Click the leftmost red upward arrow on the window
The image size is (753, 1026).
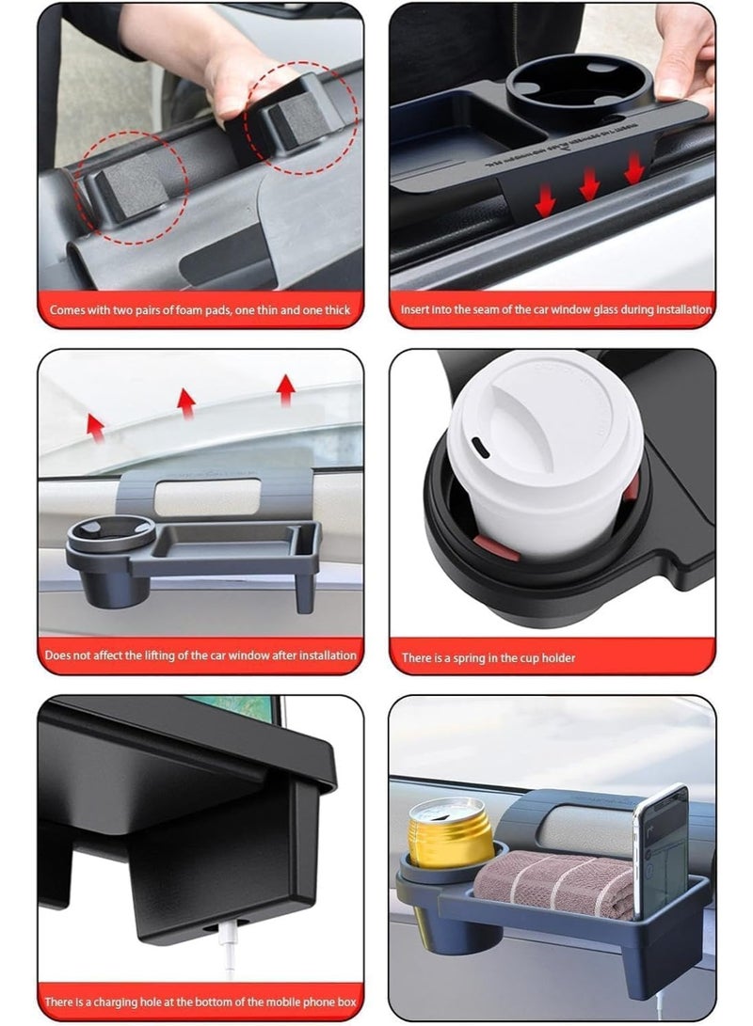coord(95,424)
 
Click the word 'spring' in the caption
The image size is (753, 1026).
coord(472,658)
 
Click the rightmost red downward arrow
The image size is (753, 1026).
coord(633,168)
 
